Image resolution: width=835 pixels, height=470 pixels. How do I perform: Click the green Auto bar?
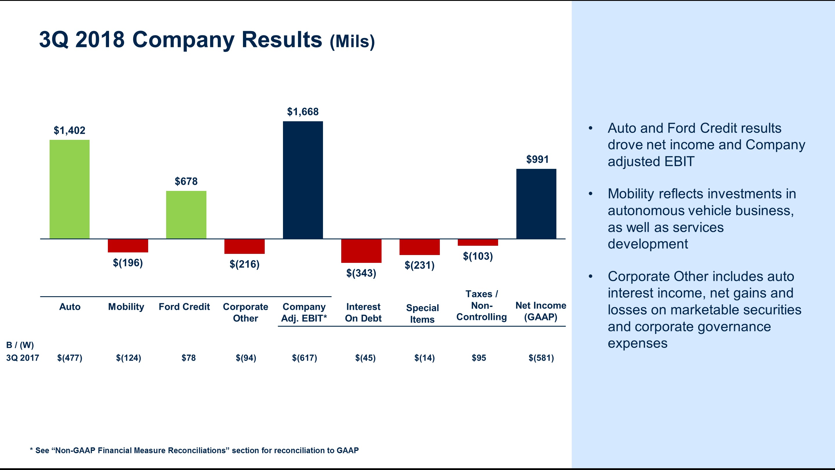[69, 189]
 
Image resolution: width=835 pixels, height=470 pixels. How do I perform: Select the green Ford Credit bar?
[186, 215]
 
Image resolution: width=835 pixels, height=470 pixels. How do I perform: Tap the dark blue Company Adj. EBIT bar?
[303, 180]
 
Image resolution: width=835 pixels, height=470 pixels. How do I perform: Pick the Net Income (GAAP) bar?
[536, 204]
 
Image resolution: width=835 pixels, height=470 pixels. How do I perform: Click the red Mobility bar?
[128, 245]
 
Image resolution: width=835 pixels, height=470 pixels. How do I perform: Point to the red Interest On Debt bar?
[361, 251]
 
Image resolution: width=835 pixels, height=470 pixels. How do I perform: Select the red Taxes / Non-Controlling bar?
[478, 242]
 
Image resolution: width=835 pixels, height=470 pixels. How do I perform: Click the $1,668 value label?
[303, 112]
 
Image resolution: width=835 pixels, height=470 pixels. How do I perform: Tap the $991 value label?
[537, 159]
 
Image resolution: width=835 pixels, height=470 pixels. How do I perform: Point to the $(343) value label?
[361, 273]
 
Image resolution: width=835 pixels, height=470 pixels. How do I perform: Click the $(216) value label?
[244, 264]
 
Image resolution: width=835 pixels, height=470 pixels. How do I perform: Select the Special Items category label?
[422, 314]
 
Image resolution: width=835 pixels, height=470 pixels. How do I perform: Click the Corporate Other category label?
[245, 312]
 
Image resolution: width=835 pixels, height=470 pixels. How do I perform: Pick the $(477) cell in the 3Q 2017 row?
[70, 358]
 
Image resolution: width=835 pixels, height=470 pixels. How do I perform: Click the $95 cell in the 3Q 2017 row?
[479, 358]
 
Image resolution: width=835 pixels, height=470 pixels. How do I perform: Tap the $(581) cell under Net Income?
[541, 358]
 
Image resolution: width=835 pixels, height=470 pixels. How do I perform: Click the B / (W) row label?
[20, 345]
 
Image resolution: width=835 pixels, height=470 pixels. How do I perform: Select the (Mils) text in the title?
[352, 41]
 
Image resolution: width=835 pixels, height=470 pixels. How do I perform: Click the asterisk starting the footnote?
[31, 450]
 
